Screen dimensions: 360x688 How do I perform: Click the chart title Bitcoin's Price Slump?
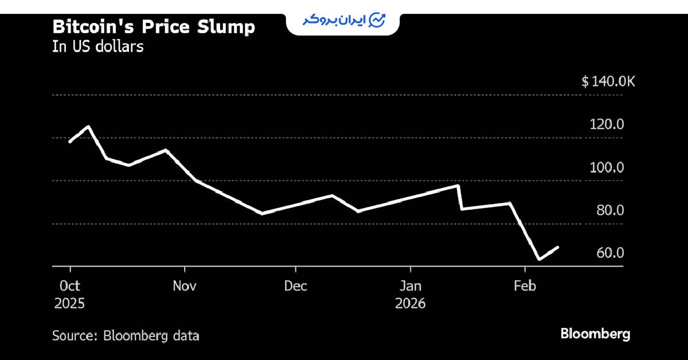pos(154,27)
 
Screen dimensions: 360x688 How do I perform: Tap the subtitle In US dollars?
pos(97,47)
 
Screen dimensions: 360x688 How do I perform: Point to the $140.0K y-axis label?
pos(608,82)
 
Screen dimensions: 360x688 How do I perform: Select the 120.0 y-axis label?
pos(607,124)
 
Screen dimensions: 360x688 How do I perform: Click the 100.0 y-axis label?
pos(607,167)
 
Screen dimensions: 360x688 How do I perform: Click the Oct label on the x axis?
pos(69,286)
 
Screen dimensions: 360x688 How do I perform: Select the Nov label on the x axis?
pos(185,286)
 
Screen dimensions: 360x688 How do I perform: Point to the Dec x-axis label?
pos(295,286)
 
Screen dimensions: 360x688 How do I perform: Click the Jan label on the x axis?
pos(410,286)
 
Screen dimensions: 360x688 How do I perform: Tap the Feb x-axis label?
pos(525,286)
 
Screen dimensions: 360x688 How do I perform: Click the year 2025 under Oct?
pos(69,303)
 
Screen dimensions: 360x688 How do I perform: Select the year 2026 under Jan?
pos(410,303)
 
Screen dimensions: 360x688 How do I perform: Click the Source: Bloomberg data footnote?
pos(126,336)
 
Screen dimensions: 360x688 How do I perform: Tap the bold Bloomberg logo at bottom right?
pos(595,334)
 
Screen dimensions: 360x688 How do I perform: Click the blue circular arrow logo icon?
pos(377,20)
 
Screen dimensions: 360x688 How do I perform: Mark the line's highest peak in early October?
pos(88,126)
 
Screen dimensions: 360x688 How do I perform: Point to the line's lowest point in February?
pos(539,259)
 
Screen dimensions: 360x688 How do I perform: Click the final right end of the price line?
pos(558,247)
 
